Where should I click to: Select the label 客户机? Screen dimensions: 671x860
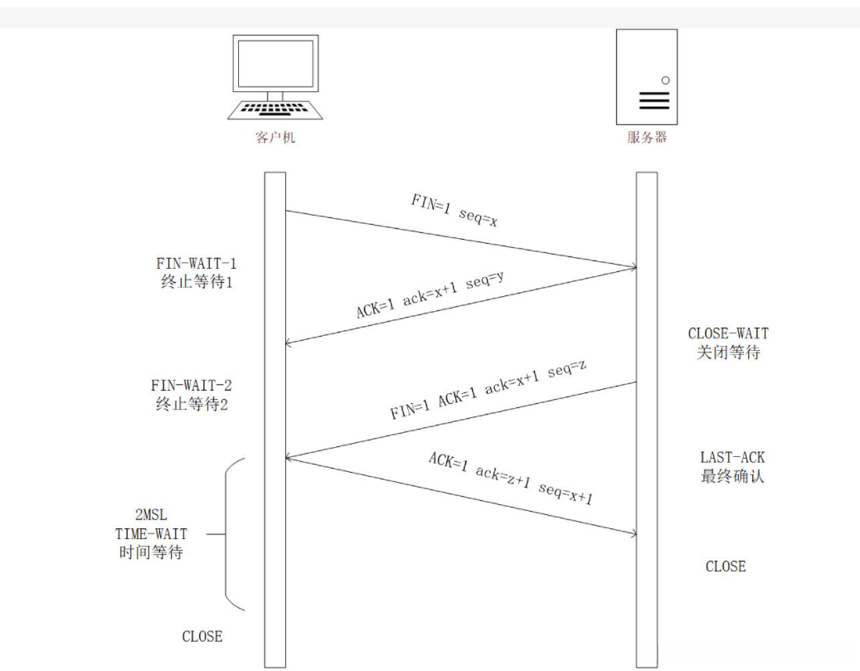[275, 138]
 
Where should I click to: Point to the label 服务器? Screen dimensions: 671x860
[647, 138]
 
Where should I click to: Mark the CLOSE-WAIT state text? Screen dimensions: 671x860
[728, 333]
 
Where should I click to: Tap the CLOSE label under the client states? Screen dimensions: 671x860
[202, 637]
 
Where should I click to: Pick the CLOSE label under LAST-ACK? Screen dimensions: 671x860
[725, 566]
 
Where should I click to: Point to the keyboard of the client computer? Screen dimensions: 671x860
[275, 109]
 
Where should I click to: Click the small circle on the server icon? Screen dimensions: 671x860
[664, 80]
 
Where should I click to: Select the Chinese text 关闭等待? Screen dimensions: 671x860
[728, 352]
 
